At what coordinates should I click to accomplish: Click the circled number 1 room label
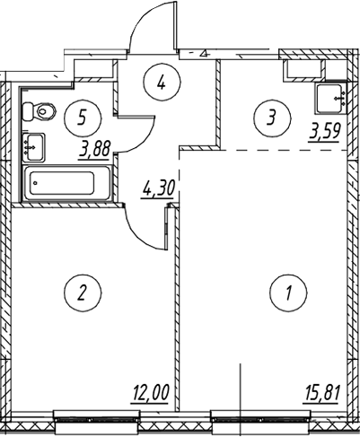pos(288,292)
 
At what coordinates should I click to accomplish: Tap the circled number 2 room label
pos(83,292)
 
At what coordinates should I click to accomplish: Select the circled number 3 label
pos(272,118)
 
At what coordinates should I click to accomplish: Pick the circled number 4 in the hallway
pos(162,82)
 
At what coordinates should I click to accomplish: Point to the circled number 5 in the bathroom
pos(83,118)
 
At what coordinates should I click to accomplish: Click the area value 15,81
pos(321,392)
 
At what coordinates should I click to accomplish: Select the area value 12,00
pos(151,392)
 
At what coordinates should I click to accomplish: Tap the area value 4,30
pos(158,189)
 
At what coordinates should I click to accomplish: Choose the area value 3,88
pos(95,149)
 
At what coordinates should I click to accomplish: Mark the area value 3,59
pos(325,132)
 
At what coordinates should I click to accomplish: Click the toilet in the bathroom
pos(40,111)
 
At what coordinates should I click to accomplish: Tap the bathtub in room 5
pos(67,183)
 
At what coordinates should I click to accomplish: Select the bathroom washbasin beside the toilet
pos(33,147)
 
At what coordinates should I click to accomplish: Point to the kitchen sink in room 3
pos(331,99)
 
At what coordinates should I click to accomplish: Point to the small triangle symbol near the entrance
pos(205,54)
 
